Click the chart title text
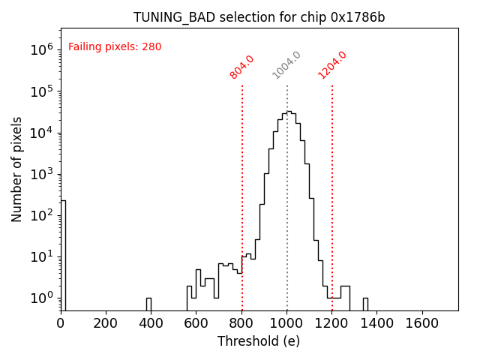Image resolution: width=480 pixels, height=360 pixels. click(x=259, y=17)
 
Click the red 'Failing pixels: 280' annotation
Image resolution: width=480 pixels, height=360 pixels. click(x=115, y=47)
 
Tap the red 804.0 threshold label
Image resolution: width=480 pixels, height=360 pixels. click(x=242, y=67)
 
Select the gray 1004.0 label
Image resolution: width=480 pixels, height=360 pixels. click(x=286, y=65)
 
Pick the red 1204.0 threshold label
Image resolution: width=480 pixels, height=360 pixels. click(x=332, y=65)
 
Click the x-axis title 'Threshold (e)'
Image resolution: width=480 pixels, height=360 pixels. click(x=259, y=341)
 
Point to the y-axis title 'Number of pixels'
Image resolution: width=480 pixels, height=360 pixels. click(x=17, y=169)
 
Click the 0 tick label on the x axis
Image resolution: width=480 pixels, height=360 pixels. click(x=61, y=323)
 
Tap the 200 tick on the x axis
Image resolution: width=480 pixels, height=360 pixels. click(x=106, y=323)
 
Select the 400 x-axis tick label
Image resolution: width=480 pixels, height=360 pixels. click(x=151, y=323)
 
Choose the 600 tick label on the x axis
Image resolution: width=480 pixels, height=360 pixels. click(x=196, y=323)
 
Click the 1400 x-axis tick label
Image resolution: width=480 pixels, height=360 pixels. click(x=377, y=323)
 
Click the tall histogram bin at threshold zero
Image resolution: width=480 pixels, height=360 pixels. click(x=63, y=255)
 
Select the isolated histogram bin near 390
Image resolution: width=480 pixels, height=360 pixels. click(x=148, y=304)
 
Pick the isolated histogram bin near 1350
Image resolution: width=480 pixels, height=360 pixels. click(x=365, y=304)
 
